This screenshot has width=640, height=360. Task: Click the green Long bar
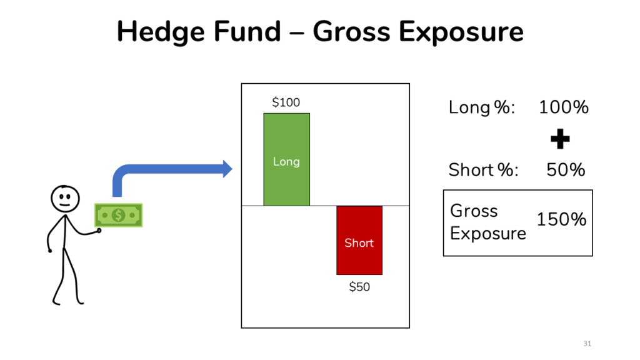pos(286,159)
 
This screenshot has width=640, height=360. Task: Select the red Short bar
pos(359,241)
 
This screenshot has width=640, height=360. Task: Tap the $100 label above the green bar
pos(286,102)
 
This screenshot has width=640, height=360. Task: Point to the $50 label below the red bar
pos(359,286)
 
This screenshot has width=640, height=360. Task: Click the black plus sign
pos(560,139)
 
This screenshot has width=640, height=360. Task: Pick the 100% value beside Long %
pos(564,107)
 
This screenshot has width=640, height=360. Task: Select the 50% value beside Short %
pos(566,170)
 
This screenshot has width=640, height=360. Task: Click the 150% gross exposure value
pos(562,219)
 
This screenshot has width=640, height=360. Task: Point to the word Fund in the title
pos(247,31)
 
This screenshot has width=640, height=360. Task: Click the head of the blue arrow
pos(227,169)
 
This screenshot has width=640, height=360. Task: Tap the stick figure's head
pos(65,199)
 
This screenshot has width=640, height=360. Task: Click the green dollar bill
pos(118,215)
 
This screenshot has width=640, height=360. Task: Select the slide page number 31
pos(587,344)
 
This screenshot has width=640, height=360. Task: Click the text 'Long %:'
pos(482,107)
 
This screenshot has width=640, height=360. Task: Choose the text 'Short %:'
pos(483,170)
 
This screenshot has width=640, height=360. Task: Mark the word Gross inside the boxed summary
pos(474,211)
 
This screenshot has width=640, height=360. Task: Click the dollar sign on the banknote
pos(118,215)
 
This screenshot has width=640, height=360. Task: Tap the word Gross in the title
pos(352,31)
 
